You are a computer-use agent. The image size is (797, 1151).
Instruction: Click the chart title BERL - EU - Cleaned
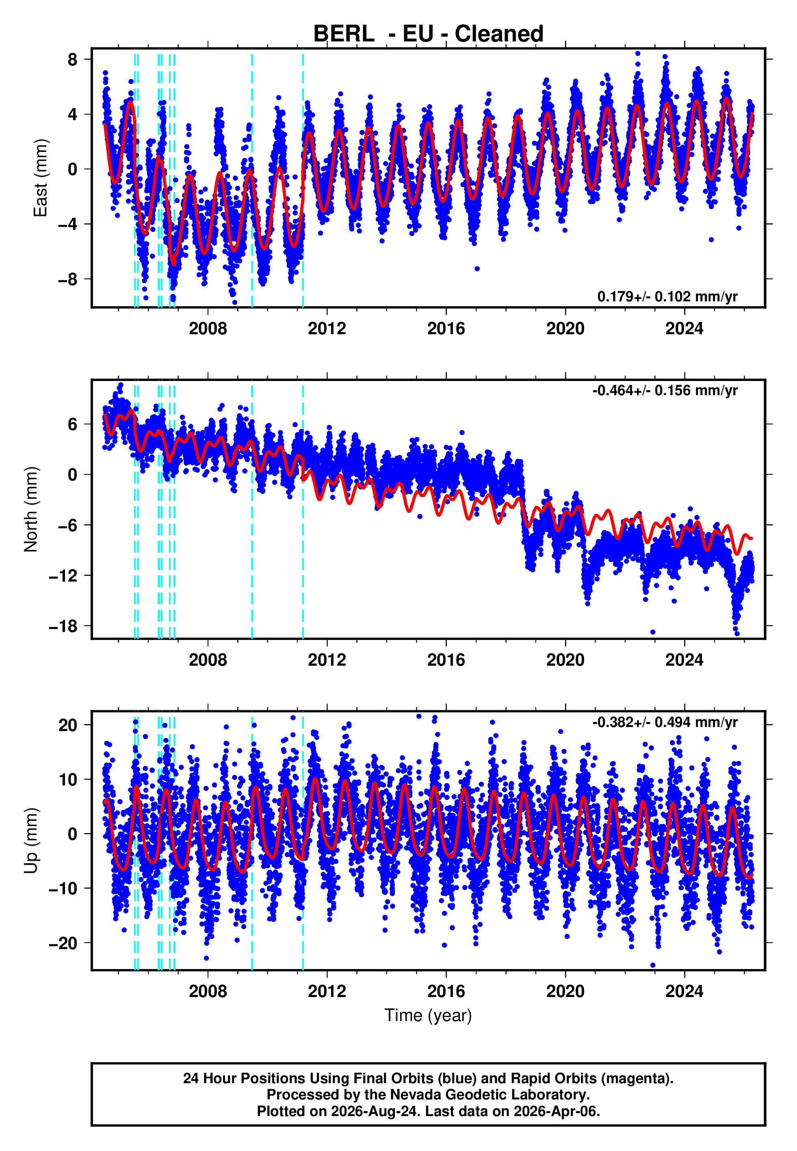point(428,34)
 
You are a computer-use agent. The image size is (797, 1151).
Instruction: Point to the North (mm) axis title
point(31,509)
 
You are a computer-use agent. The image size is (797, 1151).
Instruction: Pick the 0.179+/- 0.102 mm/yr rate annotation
point(667,296)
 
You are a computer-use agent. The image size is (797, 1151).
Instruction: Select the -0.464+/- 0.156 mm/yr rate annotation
point(665,390)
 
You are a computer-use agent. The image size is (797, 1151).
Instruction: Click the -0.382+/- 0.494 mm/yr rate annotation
point(665,722)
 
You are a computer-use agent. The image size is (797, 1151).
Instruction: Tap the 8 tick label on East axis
point(73,59)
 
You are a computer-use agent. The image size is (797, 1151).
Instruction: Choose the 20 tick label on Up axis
point(68,725)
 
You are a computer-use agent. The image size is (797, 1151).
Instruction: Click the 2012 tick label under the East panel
point(327,329)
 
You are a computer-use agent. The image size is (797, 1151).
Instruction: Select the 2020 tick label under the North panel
point(565,660)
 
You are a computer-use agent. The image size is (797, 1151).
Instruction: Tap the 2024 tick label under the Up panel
point(684,991)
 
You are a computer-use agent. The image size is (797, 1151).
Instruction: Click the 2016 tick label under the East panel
point(446,329)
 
